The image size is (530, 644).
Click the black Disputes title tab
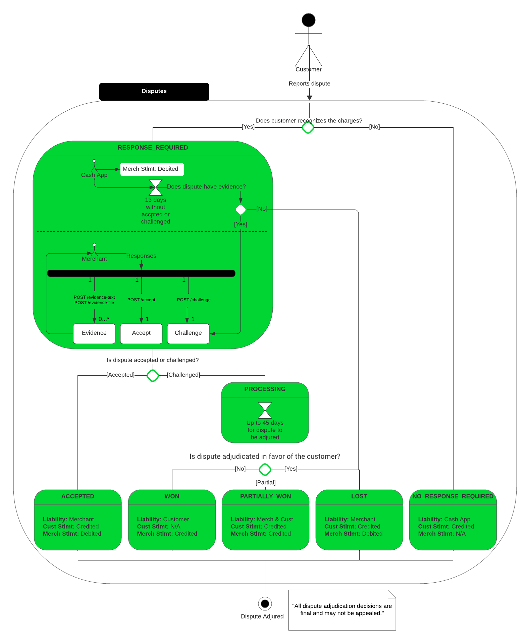pos(154,91)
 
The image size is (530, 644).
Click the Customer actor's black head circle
pos(308,20)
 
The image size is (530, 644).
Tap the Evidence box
pos(94,333)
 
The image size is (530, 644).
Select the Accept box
pos(141,333)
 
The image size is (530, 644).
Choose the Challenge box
pos(188,333)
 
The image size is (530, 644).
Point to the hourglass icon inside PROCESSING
pos(265,410)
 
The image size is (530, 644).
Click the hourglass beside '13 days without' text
pos(156,187)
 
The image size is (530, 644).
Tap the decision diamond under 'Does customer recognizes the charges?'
pos(308,127)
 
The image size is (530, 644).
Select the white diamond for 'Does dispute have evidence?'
pos(241,210)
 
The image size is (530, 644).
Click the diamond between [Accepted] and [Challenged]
pos(153,375)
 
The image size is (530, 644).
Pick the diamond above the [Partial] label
pos(265,469)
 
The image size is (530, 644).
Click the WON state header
pos(172,496)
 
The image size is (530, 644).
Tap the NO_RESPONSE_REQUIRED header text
pos(453,496)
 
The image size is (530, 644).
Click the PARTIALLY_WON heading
pos(265,496)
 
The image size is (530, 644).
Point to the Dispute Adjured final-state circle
pos(265,604)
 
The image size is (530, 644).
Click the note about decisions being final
pos(342,610)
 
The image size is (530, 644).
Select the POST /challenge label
pos(194,300)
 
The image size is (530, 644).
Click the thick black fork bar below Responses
pos(141,273)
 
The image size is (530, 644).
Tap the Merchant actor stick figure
pos(94,249)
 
